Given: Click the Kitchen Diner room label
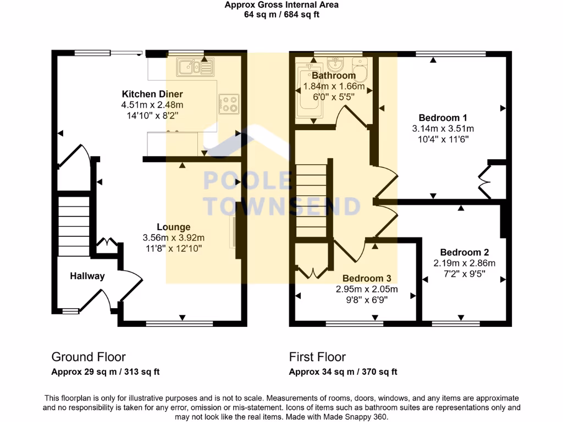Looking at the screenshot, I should click(152, 94).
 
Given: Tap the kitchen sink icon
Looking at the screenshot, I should click(195, 68).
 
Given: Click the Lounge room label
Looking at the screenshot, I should click(173, 227).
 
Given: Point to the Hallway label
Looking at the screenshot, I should click(87, 276).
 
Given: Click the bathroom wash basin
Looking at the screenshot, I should click(334, 63).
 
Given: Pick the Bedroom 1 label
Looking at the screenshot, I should click(443, 118).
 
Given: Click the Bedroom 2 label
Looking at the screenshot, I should click(464, 253).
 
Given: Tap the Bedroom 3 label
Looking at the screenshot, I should click(367, 279).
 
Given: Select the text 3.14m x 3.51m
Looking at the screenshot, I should click(443, 129).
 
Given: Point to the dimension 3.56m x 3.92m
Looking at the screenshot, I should click(173, 238).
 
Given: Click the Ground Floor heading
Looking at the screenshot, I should click(89, 357).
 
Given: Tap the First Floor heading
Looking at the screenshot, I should click(317, 357).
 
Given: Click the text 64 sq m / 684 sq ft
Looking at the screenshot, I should click(281, 14).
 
